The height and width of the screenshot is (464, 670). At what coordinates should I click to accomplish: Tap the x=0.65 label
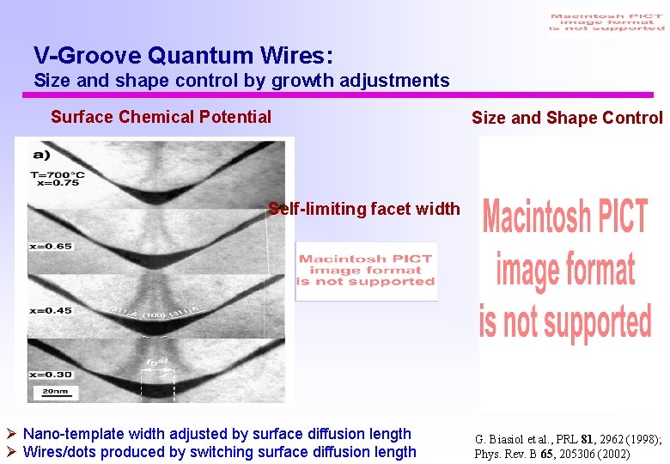point(50,246)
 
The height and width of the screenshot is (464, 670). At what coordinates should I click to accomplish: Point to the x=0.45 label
point(50,310)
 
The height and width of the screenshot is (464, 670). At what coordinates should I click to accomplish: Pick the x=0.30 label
point(50,375)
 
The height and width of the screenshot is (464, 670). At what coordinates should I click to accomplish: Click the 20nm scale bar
point(48,391)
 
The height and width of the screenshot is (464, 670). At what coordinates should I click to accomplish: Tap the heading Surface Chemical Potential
point(161,117)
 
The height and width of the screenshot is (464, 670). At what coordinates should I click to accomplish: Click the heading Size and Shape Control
point(567,118)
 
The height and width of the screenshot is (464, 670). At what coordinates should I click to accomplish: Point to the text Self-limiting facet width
point(364,209)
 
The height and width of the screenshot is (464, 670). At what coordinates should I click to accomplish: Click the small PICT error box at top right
point(606,22)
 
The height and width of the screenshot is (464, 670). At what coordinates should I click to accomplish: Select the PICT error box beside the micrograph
point(367,271)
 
